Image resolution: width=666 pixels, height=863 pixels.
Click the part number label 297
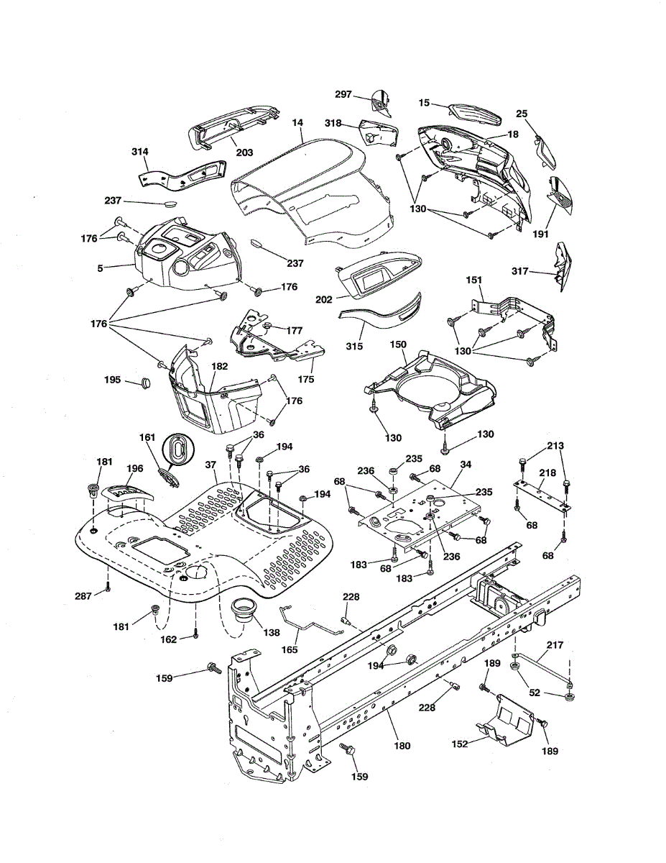tap(343, 94)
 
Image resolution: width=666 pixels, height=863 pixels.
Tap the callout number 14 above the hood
tap(297, 123)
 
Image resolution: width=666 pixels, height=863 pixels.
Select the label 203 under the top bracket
tap(244, 152)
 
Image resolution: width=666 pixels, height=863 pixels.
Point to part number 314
tap(140, 152)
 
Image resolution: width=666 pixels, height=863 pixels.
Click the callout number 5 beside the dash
tap(100, 268)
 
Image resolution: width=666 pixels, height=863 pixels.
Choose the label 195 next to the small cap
tap(112, 380)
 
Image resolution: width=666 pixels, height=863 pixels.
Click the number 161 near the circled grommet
tap(147, 438)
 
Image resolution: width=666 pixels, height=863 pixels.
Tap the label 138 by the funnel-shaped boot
tap(272, 632)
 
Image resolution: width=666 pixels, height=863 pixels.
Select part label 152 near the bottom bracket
tap(460, 744)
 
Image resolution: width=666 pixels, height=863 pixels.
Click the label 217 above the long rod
tap(555, 645)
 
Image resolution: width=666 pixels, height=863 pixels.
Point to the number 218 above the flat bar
tap(547, 473)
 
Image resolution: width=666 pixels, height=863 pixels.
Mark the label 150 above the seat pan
tap(398, 344)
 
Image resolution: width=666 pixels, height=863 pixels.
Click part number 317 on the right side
tap(519, 271)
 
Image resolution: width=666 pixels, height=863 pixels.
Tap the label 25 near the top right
tap(522, 114)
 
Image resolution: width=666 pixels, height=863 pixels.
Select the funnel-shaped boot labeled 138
tap(244, 613)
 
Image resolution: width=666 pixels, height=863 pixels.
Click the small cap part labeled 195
tap(146, 383)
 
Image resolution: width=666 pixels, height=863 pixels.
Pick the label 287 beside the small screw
tap(83, 595)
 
